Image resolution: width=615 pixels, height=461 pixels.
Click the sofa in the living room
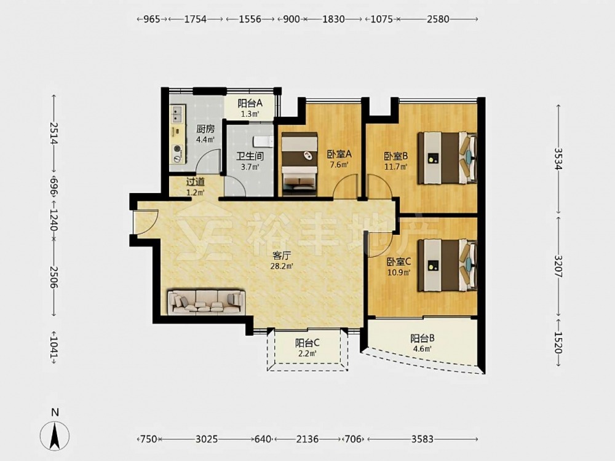tap(206, 302)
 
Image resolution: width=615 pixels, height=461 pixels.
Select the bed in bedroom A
tap(300, 164)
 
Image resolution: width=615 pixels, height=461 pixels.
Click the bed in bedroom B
tap(448, 158)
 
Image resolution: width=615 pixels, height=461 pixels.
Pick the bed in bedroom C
tap(448, 265)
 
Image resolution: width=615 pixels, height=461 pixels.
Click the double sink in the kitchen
tap(177, 114)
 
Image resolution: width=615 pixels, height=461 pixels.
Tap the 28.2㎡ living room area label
tap(281, 267)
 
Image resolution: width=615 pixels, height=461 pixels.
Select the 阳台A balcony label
tap(250, 103)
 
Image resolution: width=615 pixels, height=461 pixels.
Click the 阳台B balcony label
tap(422, 338)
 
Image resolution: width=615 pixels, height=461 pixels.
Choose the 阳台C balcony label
tap(307, 343)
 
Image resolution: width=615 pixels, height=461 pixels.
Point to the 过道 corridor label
tap(195, 182)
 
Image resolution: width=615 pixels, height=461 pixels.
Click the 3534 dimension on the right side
tap(558, 159)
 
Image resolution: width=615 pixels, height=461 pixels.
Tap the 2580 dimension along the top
tap(438, 19)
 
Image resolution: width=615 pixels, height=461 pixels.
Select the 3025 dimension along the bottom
tap(206, 439)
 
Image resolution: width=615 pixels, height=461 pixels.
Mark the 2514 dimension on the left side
tap(54, 133)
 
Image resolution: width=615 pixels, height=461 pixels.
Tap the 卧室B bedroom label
tap(395, 156)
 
